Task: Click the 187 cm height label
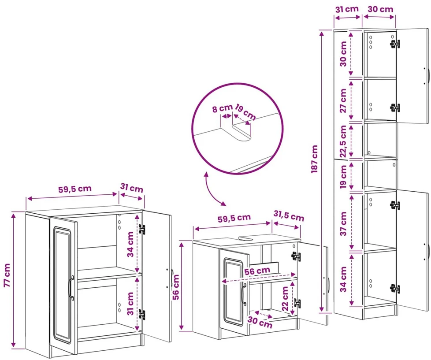coord(315,159)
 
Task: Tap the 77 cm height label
coord(7,275)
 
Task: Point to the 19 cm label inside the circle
coord(245,112)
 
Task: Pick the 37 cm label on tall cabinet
coord(344,224)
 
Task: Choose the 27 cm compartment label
coord(343,100)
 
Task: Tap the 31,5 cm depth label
coord(289,216)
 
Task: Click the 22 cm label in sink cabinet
coord(285,298)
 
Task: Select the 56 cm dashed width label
coord(257,271)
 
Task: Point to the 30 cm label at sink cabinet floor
coord(260,322)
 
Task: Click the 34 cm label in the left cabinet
coord(130,244)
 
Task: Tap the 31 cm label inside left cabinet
coord(130,304)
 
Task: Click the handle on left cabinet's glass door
coord(71,287)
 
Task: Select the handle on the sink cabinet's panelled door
coord(244,293)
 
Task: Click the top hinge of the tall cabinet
coord(395,44)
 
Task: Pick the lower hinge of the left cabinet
coord(142,315)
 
